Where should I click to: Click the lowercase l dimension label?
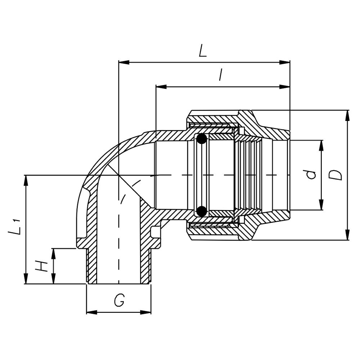pos(221,75)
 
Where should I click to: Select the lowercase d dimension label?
pos(311,175)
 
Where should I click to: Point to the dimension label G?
pos(119,300)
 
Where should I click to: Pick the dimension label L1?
pos(15,228)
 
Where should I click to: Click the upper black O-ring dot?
pos(201,139)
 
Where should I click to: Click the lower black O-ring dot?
pos(201,211)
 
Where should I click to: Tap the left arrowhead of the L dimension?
pos(123,62)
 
